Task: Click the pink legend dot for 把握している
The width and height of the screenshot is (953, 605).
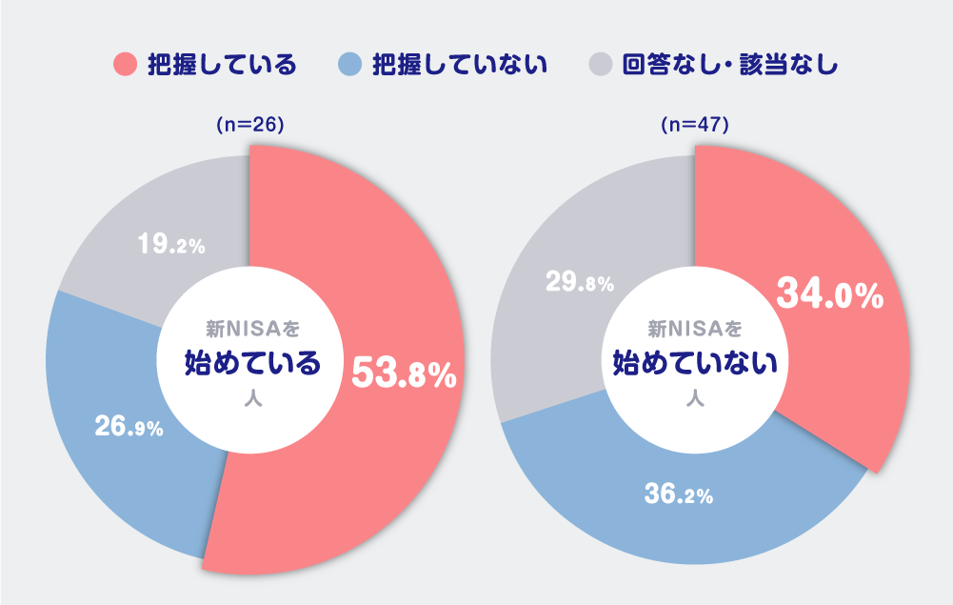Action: tap(125, 65)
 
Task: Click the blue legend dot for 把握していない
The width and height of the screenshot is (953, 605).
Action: tap(350, 65)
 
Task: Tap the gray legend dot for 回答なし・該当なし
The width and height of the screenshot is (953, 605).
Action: tap(600, 65)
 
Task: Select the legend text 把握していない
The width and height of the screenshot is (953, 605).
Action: tap(460, 65)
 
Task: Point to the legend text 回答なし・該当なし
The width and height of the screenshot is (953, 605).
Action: tap(729, 65)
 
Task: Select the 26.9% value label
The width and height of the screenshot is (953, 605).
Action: tap(129, 427)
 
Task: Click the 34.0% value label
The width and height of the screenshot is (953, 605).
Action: tap(830, 294)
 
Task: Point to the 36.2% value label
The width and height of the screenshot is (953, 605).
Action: tap(679, 494)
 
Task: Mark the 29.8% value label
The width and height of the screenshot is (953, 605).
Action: tap(579, 282)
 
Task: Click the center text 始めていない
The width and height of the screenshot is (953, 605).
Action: tap(695, 363)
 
